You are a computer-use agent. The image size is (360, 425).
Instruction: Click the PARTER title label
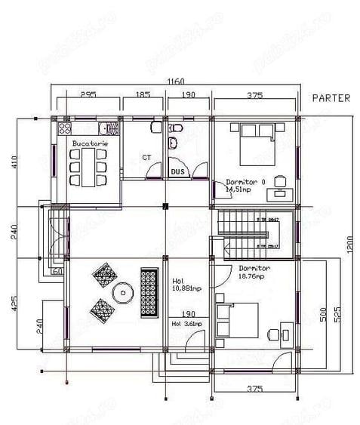[331, 98]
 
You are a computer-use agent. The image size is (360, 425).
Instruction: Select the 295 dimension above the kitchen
[88, 95]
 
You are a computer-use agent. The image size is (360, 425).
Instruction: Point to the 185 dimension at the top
[143, 95]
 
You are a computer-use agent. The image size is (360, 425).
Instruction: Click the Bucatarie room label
[89, 143]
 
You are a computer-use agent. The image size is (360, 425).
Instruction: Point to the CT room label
[146, 158]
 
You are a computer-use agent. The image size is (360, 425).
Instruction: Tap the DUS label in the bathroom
[177, 172]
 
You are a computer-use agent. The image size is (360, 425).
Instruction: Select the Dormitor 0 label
[246, 182]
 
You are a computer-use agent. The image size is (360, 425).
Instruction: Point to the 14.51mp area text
[240, 190]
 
